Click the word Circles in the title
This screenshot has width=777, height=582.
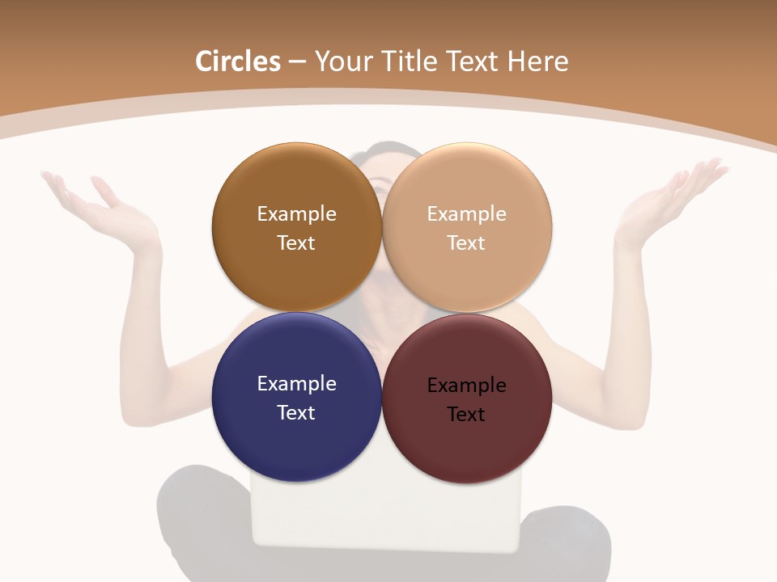coord(237,61)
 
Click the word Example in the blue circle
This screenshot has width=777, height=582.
coord(296,383)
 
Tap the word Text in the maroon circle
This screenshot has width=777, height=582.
coord(465,414)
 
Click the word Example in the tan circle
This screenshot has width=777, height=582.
coord(466,213)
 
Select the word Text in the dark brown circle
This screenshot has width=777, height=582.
coord(296,242)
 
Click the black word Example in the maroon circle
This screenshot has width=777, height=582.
coord(466,385)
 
